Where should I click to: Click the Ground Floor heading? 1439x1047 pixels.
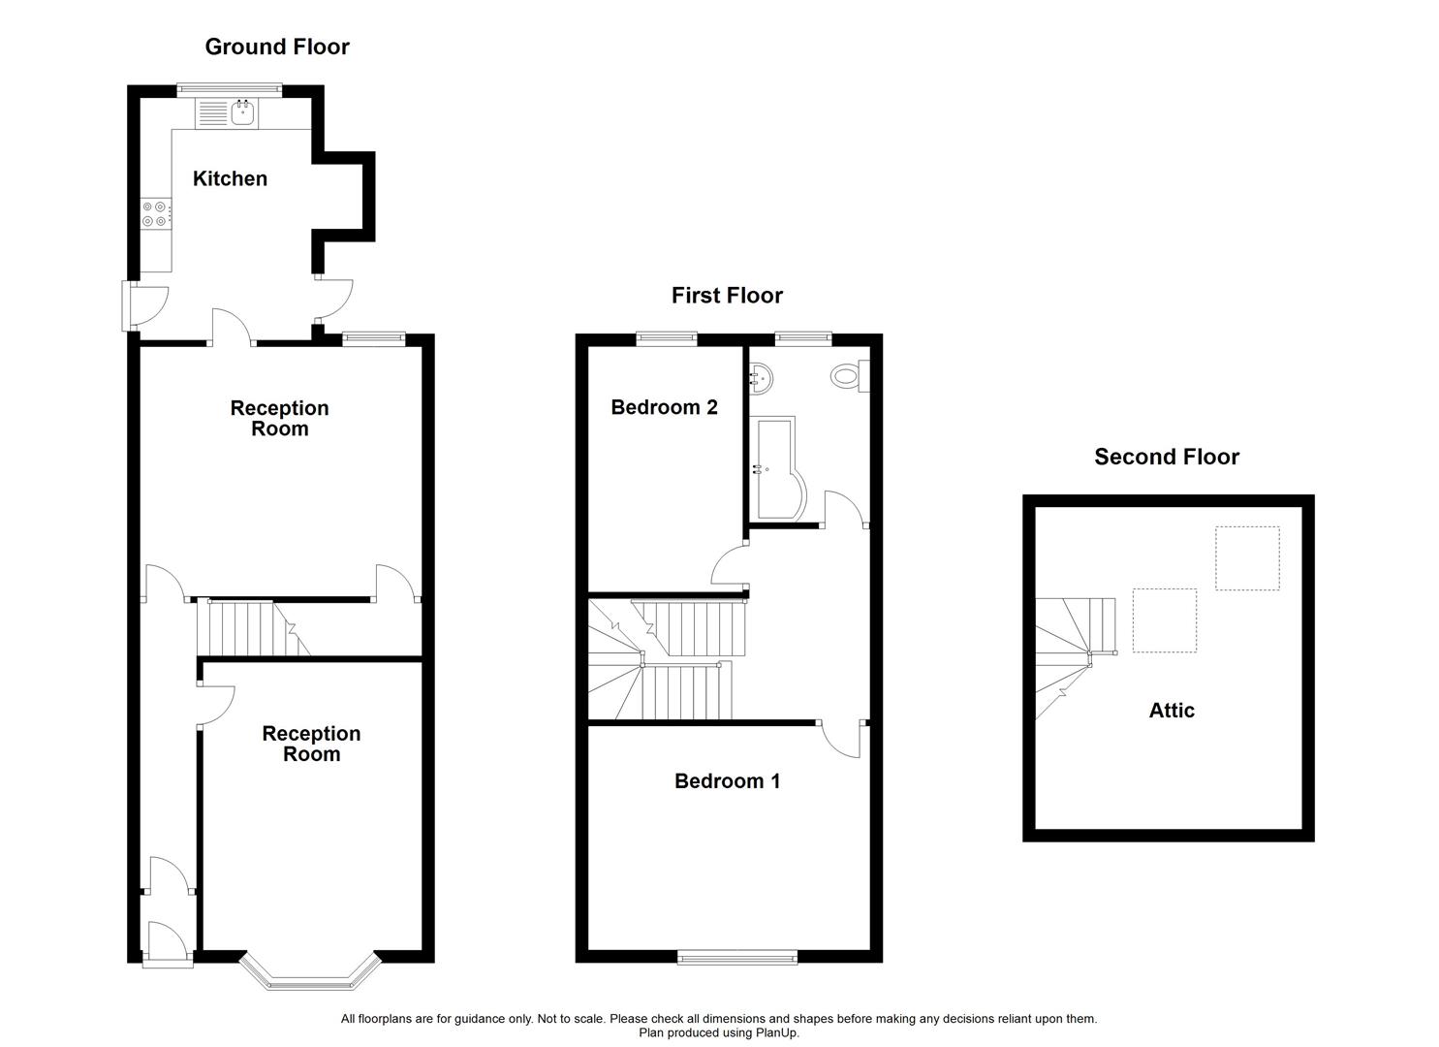[x=277, y=47]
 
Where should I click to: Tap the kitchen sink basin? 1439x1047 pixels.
[x=243, y=113]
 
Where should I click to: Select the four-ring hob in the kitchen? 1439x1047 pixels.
[x=156, y=213]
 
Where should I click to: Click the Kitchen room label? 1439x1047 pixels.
[x=230, y=178]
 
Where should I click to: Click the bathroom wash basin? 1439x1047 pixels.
[x=761, y=378]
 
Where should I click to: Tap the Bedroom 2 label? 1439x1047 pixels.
[x=664, y=407]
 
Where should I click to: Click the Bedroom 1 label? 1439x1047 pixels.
[x=727, y=781]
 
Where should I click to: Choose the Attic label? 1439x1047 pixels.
[x=1172, y=711]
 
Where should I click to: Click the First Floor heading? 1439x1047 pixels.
[x=727, y=296]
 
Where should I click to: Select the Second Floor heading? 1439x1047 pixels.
[x=1167, y=457]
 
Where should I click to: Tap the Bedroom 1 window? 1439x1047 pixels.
[x=737, y=957]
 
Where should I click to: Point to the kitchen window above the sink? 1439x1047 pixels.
[x=230, y=90]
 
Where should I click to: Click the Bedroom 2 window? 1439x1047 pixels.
[x=667, y=338]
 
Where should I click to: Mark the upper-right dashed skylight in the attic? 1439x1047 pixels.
[x=1247, y=558]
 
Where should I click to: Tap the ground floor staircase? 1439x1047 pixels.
[x=253, y=628]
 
